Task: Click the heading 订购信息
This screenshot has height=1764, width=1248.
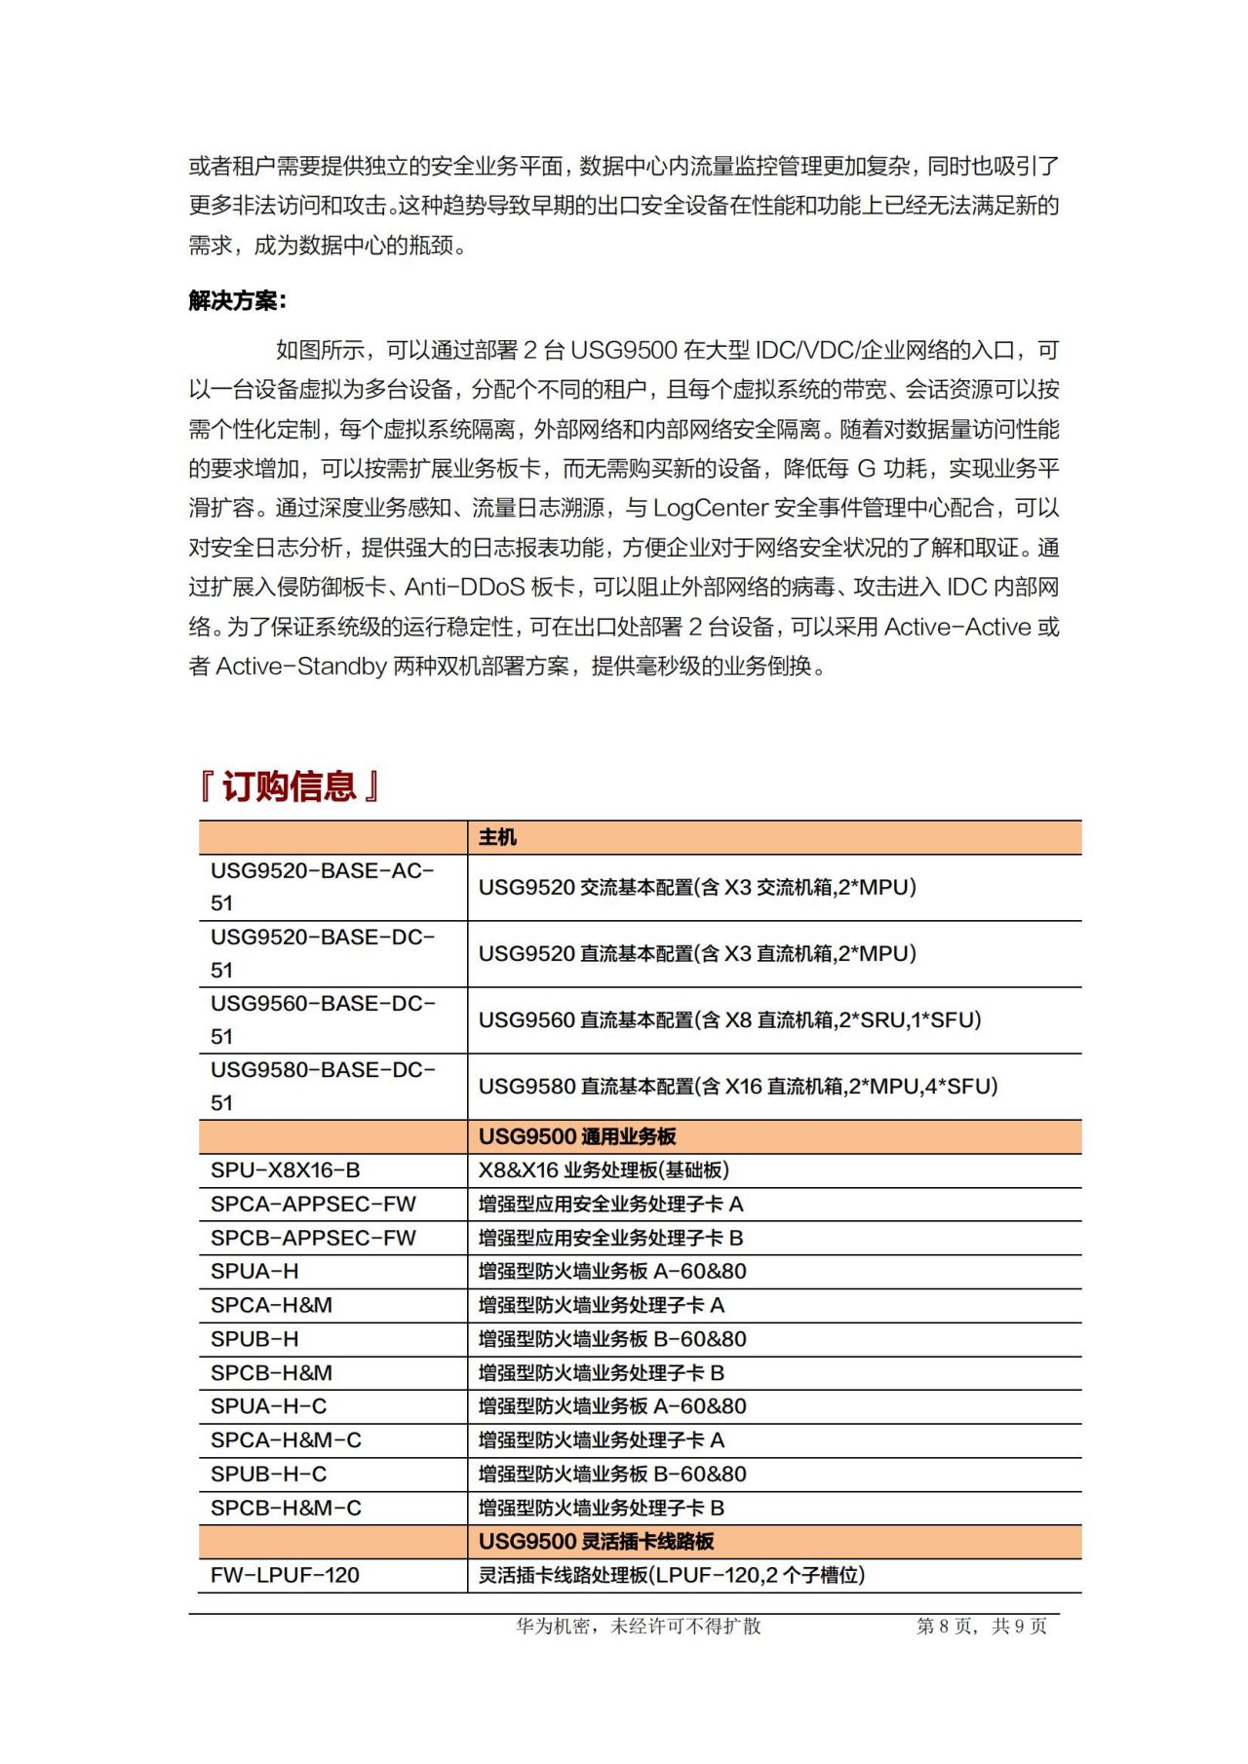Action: [x=290, y=786]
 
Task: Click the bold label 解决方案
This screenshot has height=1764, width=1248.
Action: [x=237, y=300]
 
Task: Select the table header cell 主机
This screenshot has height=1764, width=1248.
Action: [x=497, y=837]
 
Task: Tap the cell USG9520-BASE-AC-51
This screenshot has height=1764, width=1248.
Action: [x=323, y=887]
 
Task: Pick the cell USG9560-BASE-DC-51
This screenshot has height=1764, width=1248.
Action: [x=323, y=1019]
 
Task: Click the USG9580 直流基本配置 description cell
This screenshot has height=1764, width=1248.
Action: [x=738, y=1086]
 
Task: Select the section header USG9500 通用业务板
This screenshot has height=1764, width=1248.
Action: [x=577, y=1136]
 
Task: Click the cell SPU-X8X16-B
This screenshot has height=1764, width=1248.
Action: [x=286, y=1170]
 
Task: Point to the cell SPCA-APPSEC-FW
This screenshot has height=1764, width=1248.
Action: [x=313, y=1204]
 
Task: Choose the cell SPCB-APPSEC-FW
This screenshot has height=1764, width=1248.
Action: [x=313, y=1238]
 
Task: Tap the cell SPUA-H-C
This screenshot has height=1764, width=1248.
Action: [x=269, y=1406]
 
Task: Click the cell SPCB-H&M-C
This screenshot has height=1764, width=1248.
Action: [x=286, y=1508]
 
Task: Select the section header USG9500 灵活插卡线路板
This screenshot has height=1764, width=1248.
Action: [x=596, y=1541]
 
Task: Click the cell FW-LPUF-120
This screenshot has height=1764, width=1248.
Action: [x=285, y=1575]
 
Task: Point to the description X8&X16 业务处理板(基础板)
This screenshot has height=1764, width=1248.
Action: [x=604, y=1170]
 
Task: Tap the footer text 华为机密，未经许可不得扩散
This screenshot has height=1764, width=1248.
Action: [x=639, y=1627]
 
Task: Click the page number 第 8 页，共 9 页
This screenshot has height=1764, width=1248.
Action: [x=981, y=1627]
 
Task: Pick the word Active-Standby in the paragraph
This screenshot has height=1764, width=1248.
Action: [x=301, y=667]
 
